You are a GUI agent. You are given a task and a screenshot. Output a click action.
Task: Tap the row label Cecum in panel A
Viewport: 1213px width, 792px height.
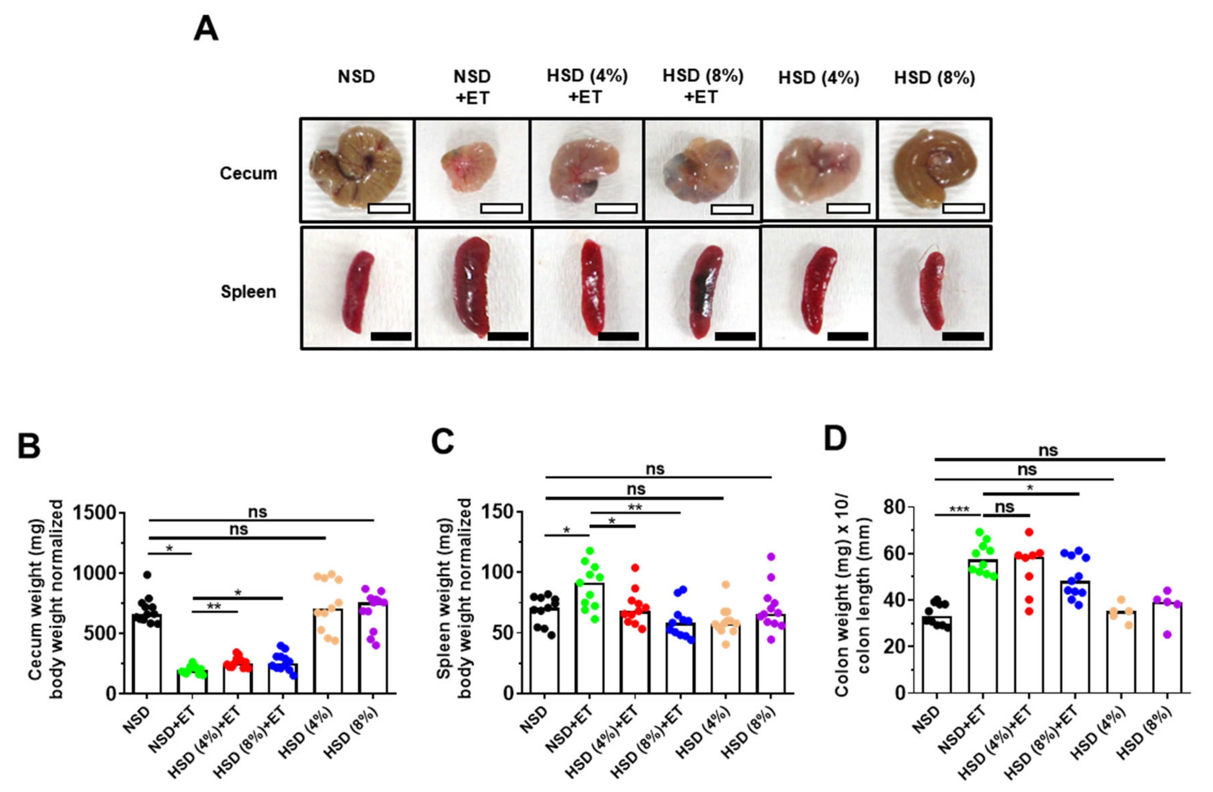point(248,174)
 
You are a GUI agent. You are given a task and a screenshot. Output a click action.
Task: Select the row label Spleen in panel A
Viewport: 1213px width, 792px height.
point(248,292)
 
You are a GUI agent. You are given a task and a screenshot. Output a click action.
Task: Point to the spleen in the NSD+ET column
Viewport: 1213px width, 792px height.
point(472,286)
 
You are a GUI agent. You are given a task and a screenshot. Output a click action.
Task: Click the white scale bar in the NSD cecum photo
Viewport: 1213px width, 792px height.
point(388,208)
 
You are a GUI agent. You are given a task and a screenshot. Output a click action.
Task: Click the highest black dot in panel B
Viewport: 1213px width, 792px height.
point(147,575)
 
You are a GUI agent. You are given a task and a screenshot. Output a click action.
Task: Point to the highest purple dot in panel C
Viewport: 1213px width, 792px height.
point(771,557)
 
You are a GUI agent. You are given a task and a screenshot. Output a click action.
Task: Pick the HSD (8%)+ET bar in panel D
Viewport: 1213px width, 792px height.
point(1074,637)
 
